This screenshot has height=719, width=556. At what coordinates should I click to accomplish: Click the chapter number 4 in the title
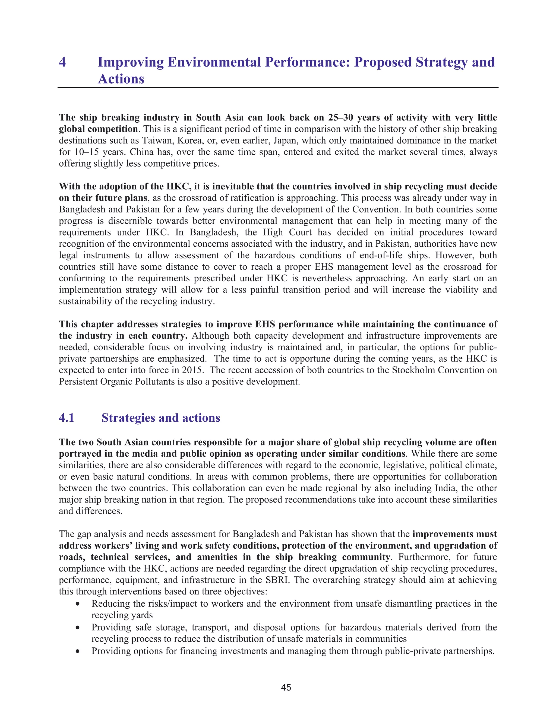pos(62,62)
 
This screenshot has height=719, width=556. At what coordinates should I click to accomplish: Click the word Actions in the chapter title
pos(121,79)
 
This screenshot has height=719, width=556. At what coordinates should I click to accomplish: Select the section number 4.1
pos(67,418)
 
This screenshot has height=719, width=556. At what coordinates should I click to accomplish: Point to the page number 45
pos(286,688)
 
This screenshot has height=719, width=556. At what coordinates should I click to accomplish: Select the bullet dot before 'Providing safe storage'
pos(77,628)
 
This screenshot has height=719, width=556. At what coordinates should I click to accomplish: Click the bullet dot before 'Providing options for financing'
pos(77,651)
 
